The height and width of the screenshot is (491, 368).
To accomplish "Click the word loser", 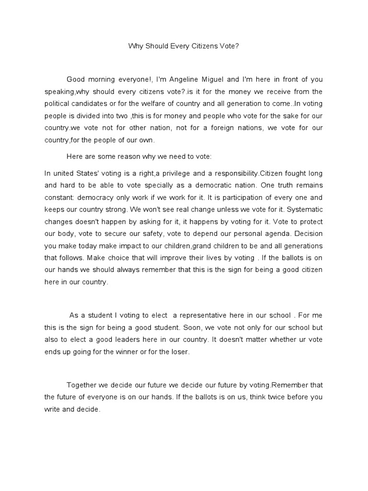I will [x=180, y=352].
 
